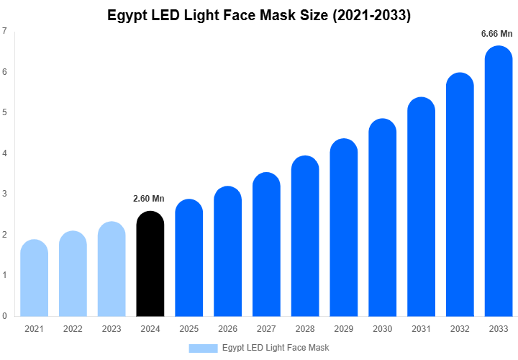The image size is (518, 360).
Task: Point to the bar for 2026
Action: (228, 251)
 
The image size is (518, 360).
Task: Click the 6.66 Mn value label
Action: (496, 34)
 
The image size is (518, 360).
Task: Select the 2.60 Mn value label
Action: (149, 199)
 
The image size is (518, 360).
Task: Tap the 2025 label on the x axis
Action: (189, 329)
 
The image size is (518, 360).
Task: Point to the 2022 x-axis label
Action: (73, 329)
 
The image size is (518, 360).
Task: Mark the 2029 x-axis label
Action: (344, 329)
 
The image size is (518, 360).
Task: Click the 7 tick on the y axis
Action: (5, 31)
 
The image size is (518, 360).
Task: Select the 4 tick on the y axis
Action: (5, 153)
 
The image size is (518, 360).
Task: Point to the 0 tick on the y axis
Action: (5, 316)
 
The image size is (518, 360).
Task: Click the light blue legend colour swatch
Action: (203, 348)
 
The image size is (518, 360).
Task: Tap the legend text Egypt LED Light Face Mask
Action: (276, 348)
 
